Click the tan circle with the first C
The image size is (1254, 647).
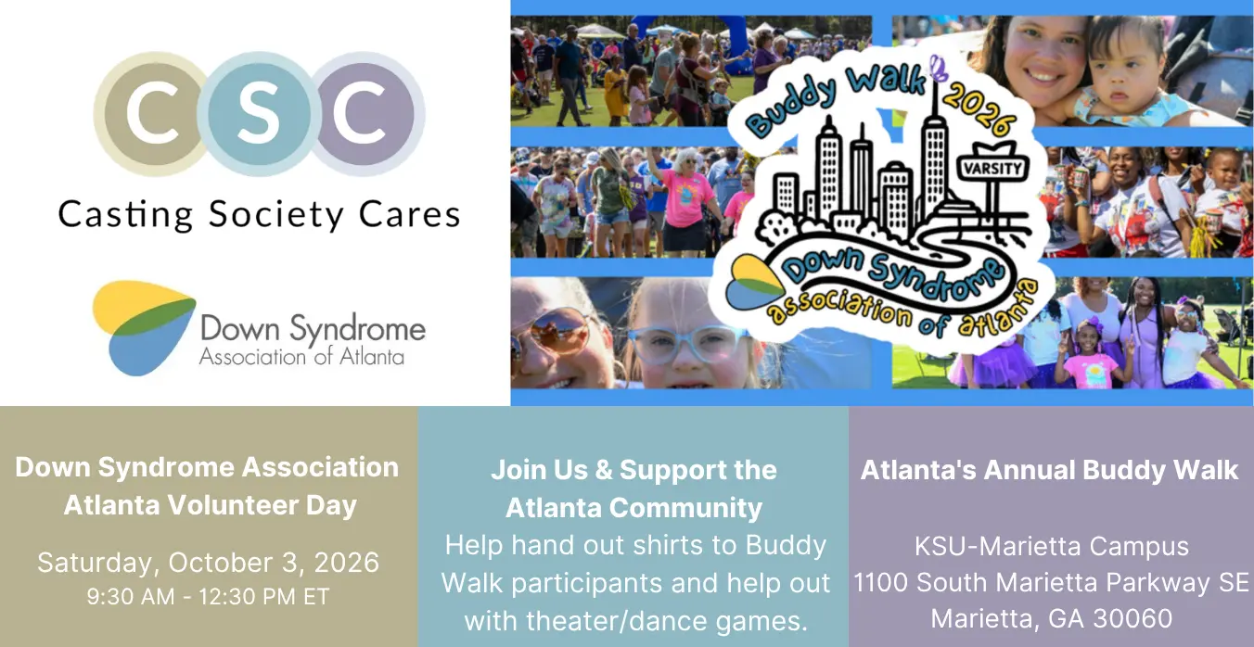[151, 114]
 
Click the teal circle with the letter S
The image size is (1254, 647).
[259, 114]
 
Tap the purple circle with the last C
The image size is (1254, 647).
[364, 114]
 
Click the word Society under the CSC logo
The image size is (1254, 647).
[276, 215]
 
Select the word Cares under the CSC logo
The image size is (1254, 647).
[410, 214]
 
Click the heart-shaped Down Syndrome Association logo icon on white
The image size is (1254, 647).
[144, 327]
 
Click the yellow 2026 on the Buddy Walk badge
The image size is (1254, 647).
[979, 113]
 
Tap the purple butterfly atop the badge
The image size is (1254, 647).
[939, 69]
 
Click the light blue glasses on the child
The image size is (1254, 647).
[685, 344]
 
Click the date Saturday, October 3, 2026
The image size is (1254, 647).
[209, 563]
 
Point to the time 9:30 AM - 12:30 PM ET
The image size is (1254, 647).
[209, 597]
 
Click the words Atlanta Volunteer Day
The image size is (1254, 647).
[210, 505]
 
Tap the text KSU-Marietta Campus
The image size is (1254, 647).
[1052, 546]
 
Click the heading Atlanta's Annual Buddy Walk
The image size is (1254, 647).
[1049, 470]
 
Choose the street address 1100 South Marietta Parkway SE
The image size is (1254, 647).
[1052, 582]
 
